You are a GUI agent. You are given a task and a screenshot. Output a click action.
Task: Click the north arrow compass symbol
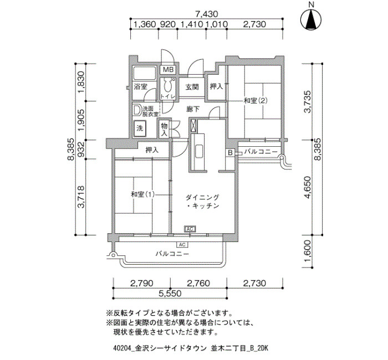pos(312,19)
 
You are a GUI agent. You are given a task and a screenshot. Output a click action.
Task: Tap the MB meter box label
pos(169,70)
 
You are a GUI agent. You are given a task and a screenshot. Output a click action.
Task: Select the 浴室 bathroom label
pos(141,86)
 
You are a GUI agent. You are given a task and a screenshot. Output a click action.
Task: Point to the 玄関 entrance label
pos(192,87)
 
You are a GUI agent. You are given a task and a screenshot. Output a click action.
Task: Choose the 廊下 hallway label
pos(193,109)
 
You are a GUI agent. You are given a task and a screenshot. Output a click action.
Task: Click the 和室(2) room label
pos(256,101)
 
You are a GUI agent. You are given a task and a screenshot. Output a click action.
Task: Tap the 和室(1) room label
pos(143,194)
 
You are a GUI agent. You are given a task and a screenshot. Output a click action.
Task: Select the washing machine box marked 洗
pos(140,128)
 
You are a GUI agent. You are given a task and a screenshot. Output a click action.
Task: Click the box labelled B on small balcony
pos(231,152)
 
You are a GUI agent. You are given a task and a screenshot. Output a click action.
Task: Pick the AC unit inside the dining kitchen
pos(190,229)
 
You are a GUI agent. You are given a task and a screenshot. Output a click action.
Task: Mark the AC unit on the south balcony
pos(182,245)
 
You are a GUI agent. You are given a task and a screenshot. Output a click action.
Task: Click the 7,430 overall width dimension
pos(207,14)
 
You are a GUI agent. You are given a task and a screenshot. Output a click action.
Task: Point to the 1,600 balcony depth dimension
pos(307,251)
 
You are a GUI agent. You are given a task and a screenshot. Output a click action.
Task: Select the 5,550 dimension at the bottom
pos(170,294)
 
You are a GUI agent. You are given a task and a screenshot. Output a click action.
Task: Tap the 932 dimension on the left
pos(81,150)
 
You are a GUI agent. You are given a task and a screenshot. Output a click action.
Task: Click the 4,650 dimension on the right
pos(307,187)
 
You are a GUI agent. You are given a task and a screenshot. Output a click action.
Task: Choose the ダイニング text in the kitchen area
pos(202,197)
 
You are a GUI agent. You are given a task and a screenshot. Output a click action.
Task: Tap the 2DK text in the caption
pos(263,348)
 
